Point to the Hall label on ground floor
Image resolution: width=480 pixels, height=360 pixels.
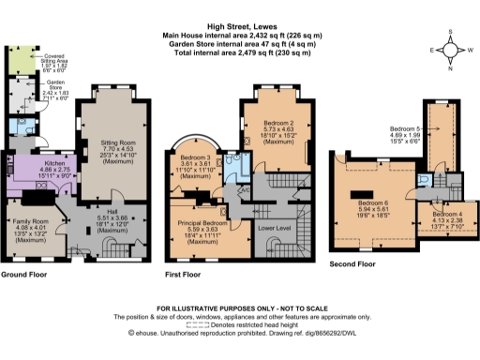point(104,212)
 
